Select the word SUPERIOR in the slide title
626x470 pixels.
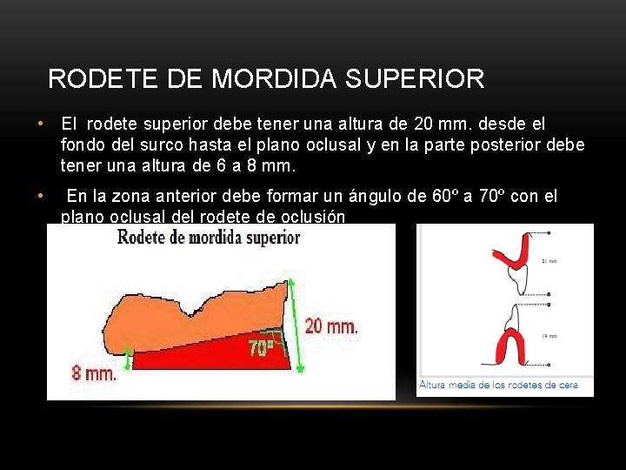415,79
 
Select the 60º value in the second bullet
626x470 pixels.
444,196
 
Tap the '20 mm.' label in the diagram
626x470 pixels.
330,327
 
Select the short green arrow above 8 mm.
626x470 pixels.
129,358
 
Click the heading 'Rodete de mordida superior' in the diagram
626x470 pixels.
209,236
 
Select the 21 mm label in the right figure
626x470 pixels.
549,261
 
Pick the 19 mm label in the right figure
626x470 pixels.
549,336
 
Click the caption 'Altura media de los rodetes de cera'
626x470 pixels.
498,385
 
